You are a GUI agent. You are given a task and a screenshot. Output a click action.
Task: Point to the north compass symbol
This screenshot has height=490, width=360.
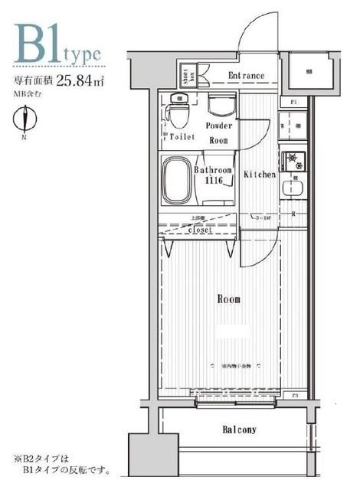tap(28, 119)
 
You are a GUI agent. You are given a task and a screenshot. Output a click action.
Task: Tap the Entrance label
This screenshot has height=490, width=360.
tap(247, 76)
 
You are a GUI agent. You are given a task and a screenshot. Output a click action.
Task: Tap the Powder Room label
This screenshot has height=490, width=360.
tap(219, 132)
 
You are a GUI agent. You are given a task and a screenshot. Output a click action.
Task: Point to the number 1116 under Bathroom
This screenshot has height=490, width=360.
tap(213, 180)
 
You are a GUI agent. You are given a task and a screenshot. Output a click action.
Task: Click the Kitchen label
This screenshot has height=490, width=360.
tap(260, 175)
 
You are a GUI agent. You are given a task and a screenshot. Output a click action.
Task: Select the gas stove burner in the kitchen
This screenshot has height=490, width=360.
tap(291, 159)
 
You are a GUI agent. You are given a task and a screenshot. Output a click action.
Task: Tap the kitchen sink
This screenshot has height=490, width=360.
tap(291, 188)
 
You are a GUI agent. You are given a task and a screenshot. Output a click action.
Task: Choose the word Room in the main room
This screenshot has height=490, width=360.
tap(228, 299)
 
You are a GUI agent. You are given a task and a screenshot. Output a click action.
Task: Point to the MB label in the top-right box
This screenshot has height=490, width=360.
tap(309, 72)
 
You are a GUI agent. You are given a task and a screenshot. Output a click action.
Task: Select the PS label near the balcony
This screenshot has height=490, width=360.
tap(294, 395)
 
